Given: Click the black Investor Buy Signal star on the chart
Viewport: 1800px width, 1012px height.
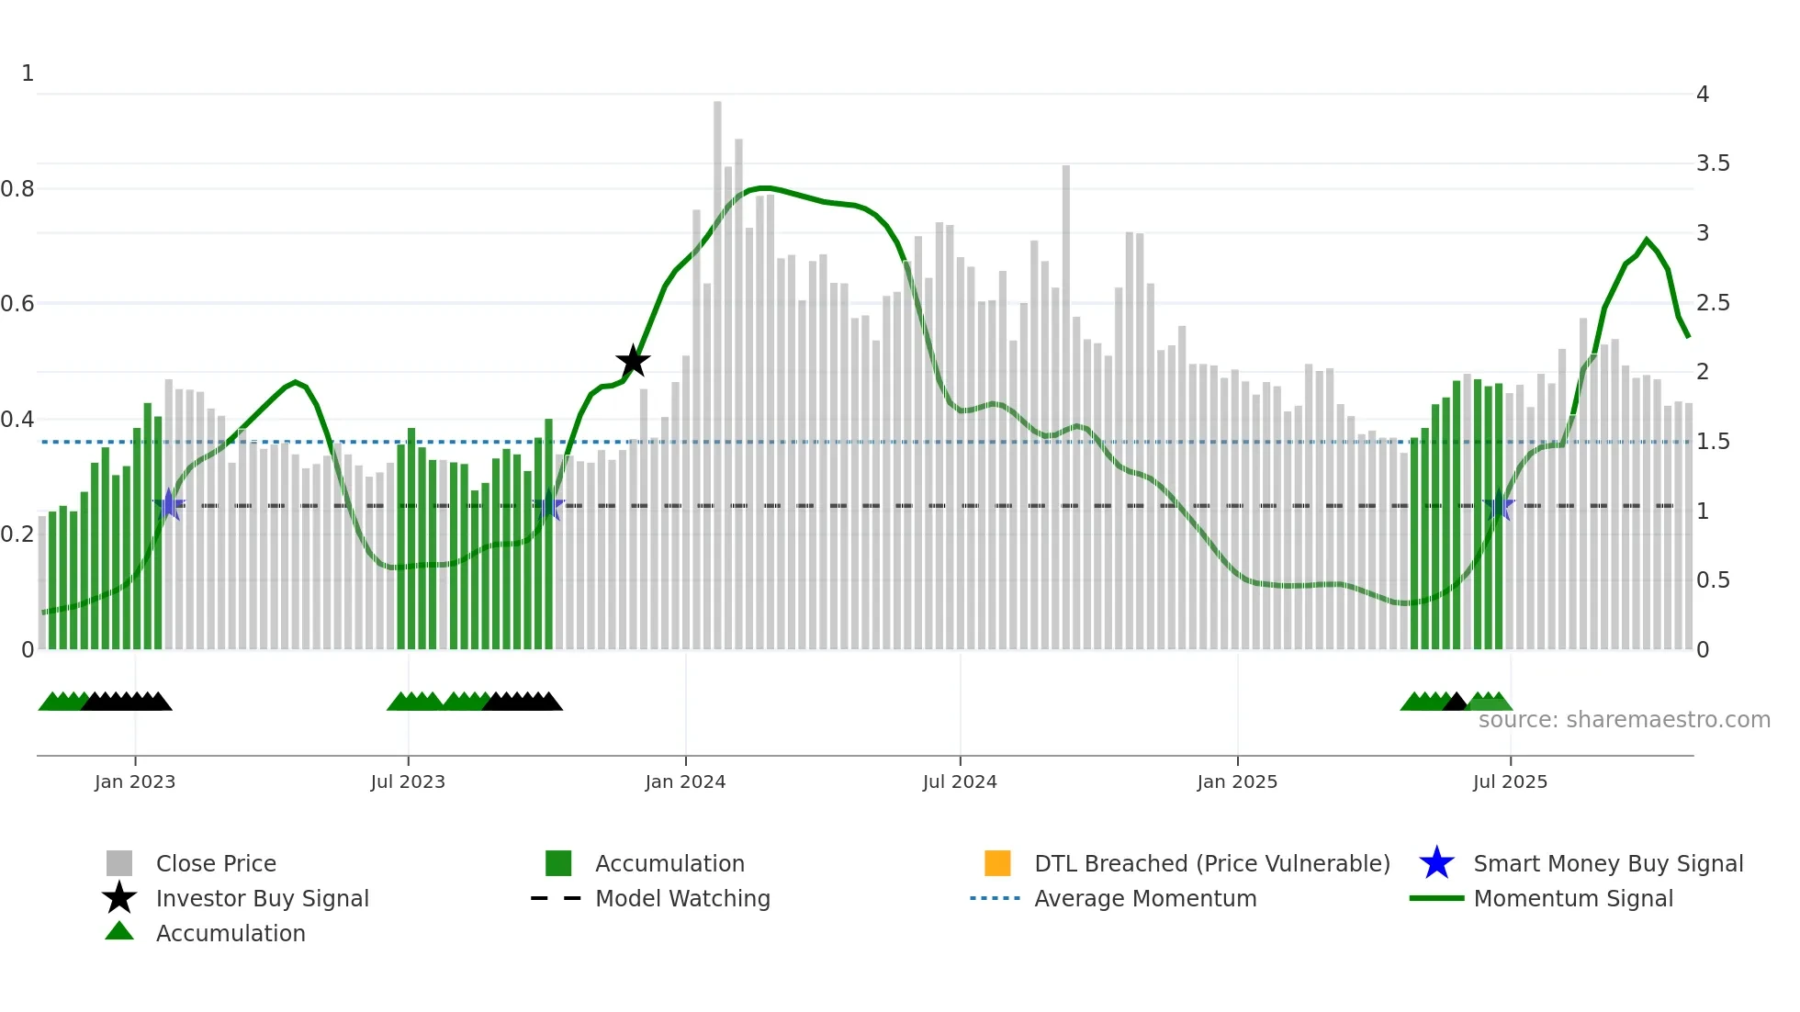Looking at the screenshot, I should (633, 362).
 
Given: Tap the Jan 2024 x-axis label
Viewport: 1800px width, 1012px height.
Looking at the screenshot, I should (685, 781).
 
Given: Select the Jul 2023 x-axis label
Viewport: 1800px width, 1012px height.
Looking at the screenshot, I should (408, 781).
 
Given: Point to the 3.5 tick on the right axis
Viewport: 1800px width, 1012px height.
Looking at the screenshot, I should (1712, 163).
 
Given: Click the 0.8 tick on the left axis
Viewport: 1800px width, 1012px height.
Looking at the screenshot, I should (17, 189).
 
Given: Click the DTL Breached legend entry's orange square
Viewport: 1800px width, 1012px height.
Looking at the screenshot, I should (997, 863).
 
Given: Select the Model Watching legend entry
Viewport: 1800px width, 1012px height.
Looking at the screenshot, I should (681, 898).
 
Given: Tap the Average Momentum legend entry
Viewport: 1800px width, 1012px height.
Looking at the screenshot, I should (1144, 898).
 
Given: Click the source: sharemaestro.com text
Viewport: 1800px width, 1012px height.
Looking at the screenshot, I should (1624, 719).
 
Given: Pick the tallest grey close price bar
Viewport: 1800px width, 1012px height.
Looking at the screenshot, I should (717, 367).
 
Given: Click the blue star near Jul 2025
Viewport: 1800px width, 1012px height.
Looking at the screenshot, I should (1499, 506).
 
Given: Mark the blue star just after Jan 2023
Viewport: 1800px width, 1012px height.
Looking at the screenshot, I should (169, 505).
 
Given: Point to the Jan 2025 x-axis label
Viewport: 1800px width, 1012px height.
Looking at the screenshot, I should (1237, 781).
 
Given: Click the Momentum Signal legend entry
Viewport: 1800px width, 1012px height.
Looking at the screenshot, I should (1572, 898).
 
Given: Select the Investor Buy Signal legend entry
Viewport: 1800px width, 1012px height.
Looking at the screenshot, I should (262, 898).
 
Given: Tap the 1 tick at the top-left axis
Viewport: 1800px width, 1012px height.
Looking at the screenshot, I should (28, 73).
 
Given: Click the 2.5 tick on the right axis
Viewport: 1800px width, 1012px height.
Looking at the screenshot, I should (1712, 303).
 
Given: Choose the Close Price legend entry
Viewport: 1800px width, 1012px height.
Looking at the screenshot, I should (215, 863).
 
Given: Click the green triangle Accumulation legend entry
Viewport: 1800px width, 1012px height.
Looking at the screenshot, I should (230, 933).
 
